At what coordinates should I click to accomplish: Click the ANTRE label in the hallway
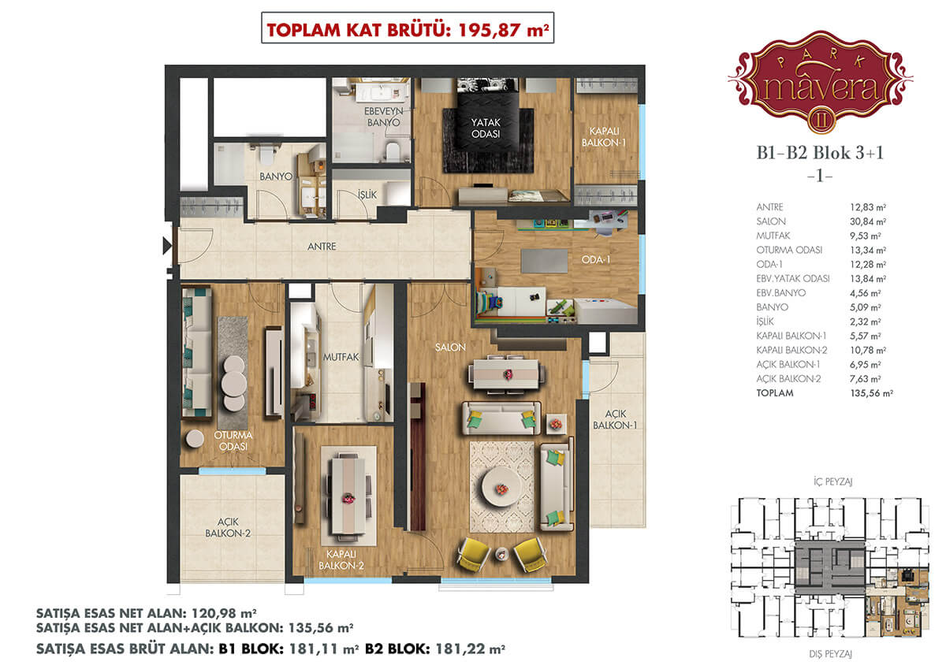(322, 247)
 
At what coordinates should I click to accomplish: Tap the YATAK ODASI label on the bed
(486, 128)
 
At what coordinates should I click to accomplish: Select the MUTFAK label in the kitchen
(341, 357)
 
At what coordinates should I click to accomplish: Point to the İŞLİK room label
(367, 195)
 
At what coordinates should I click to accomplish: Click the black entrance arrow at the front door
(167, 246)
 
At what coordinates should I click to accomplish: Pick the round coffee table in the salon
(501, 487)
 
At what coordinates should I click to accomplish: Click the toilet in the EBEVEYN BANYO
(393, 151)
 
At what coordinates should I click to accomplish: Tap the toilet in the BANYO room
(267, 154)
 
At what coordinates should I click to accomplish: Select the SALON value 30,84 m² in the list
(868, 221)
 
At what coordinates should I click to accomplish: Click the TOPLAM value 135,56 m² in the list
(871, 393)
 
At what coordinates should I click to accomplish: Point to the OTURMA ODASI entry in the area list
(789, 251)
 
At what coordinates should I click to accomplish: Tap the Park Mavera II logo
(820, 82)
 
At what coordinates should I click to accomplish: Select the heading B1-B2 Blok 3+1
(820, 153)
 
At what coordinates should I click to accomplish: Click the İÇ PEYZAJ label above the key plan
(832, 481)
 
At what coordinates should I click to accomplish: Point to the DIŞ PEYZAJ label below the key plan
(830, 654)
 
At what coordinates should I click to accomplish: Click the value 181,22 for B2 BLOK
(460, 649)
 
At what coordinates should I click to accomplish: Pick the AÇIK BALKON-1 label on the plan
(615, 419)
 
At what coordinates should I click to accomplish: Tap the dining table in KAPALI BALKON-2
(348, 496)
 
